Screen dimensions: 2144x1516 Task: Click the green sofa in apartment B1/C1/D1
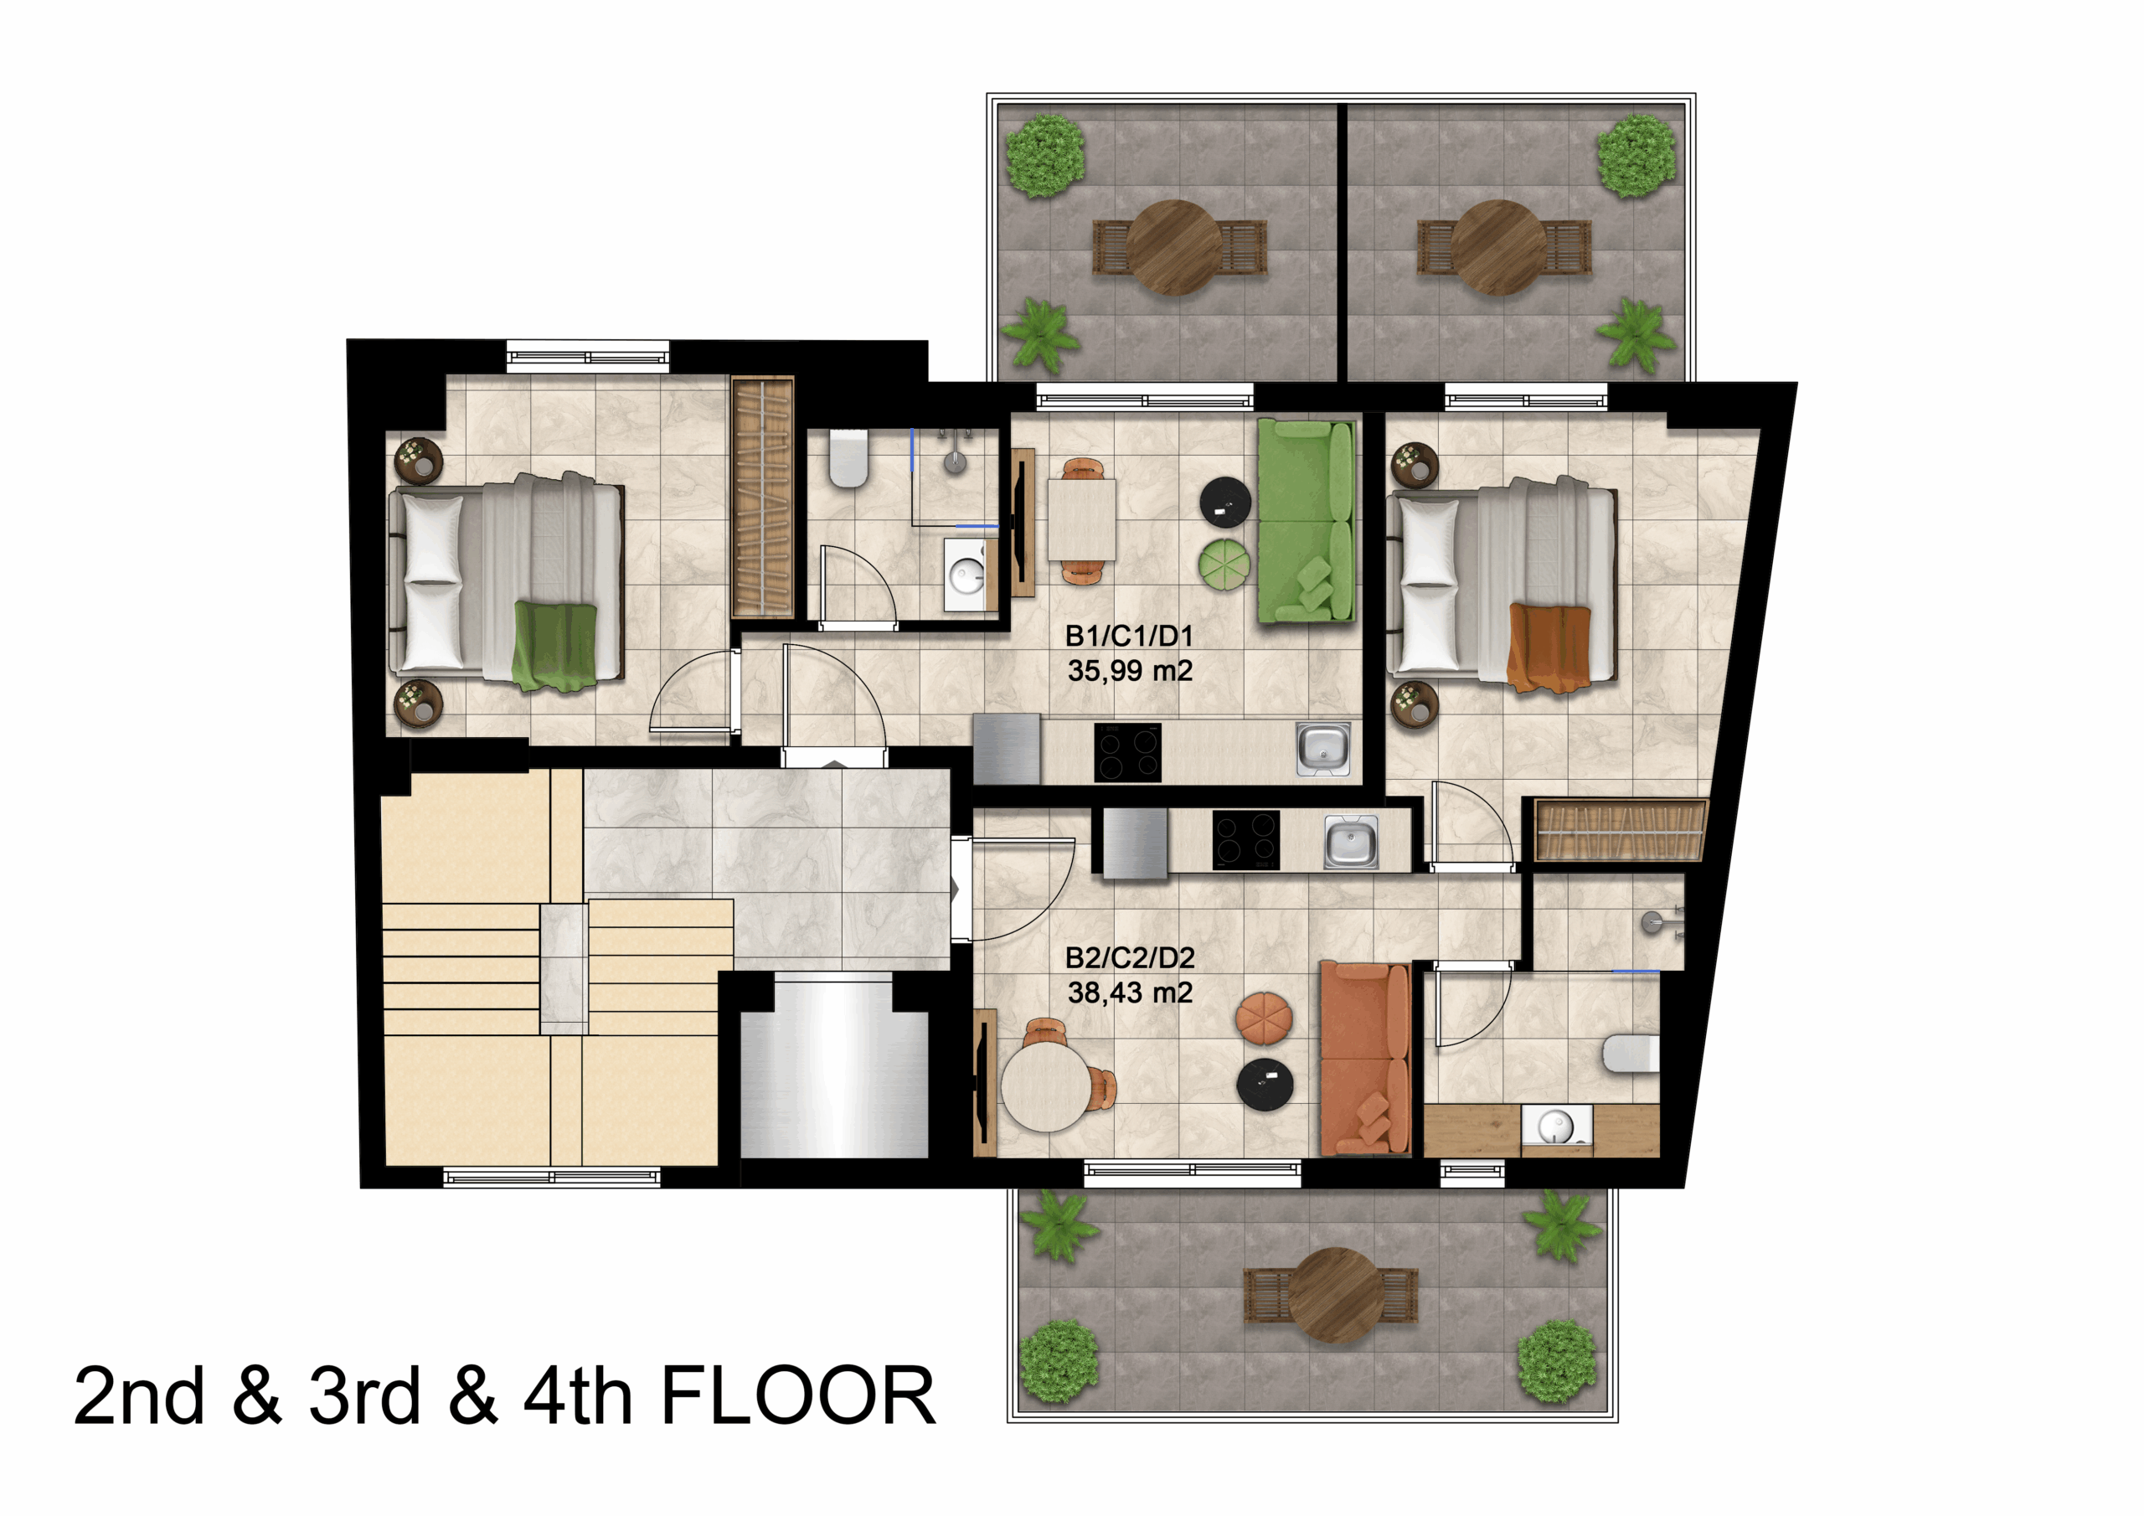(x=1306, y=520)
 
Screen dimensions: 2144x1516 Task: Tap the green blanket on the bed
(x=554, y=646)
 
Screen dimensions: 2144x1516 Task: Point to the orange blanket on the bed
(x=1549, y=647)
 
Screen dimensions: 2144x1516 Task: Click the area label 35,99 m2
(x=1130, y=671)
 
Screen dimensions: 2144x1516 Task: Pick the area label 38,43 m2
(x=1130, y=992)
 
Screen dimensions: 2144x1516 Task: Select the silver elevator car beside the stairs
(x=834, y=1064)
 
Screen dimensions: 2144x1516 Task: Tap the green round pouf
(x=1224, y=565)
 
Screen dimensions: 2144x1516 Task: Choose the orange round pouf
(x=1264, y=1017)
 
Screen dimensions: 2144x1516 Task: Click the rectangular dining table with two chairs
(x=1081, y=519)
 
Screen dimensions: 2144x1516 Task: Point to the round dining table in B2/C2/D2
(x=1046, y=1085)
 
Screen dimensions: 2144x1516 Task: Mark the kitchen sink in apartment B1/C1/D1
(x=1323, y=749)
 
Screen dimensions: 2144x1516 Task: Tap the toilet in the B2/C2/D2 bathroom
(x=1631, y=1054)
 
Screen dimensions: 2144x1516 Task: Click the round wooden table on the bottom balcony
(x=1335, y=1296)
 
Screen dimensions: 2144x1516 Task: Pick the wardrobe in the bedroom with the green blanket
(x=762, y=497)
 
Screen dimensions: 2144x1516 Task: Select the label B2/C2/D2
(x=1130, y=957)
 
